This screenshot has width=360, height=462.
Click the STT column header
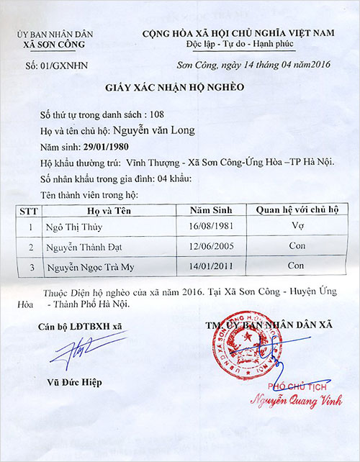[29, 210]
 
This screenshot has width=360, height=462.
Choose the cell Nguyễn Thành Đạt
[82, 247]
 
